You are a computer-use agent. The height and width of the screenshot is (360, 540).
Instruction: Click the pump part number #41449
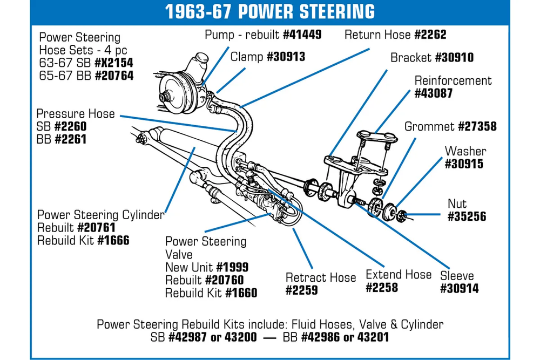(x=302, y=35)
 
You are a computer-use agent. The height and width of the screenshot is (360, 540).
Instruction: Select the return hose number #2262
(x=430, y=35)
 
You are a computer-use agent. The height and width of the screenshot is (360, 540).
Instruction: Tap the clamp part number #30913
(x=286, y=57)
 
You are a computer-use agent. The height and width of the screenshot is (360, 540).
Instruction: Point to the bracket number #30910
(x=454, y=57)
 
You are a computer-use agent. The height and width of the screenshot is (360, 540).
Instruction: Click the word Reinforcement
(x=453, y=80)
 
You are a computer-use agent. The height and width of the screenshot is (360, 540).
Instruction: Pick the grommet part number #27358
(x=477, y=127)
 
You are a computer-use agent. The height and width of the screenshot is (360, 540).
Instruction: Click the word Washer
(x=465, y=151)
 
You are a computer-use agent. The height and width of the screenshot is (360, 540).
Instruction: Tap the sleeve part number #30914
(x=459, y=288)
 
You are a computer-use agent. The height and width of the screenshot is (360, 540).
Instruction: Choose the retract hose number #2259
(x=302, y=290)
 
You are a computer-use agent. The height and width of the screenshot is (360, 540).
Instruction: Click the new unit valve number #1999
(x=233, y=267)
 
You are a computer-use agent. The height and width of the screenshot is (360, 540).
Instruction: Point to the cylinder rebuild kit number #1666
(x=113, y=241)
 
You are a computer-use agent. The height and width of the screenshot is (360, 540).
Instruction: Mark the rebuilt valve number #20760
(x=224, y=280)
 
